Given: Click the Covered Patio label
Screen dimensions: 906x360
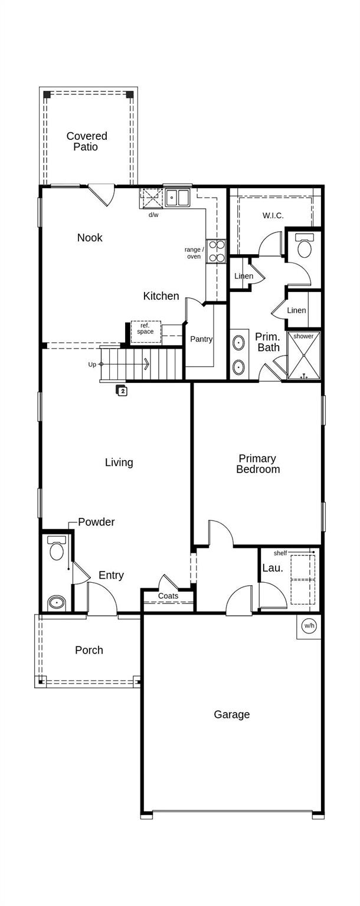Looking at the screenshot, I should [x=86, y=142].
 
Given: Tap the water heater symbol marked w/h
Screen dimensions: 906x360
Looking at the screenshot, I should [x=309, y=626].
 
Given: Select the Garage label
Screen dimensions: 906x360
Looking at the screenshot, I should [x=231, y=714].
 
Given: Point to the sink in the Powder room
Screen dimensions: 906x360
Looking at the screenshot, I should [x=57, y=602].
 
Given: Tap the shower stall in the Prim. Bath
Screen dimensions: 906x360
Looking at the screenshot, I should [x=304, y=356].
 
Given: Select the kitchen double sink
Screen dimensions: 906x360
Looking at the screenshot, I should [x=177, y=198].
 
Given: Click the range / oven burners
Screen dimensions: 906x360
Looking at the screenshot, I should [x=216, y=251].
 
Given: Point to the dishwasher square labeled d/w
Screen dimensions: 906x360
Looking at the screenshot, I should [x=151, y=198].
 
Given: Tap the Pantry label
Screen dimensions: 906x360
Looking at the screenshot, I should [x=201, y=339].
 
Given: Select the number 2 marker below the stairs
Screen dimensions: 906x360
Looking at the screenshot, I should [x=122, y=390].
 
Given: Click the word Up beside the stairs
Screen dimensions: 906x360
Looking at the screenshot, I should [x=92, y=365].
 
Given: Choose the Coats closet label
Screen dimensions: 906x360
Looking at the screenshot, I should [x=168, y=596].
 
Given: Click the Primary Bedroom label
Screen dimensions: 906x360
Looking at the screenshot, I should [x=258, y=464].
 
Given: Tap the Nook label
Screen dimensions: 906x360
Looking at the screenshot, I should [x=90, y=238].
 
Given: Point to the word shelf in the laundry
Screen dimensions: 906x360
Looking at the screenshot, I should [x=280, y=553].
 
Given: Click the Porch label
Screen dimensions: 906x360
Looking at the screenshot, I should [x=89, y=650].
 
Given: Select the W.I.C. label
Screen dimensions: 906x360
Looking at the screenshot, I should [x=273, y=216].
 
